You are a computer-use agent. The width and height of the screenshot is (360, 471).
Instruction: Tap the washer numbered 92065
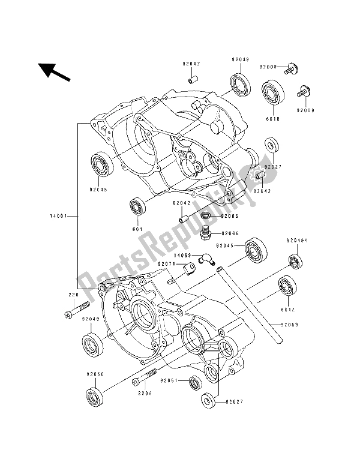206,215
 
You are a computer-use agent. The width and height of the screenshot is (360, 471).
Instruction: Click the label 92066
230,233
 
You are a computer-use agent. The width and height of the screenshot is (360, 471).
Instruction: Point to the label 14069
173,255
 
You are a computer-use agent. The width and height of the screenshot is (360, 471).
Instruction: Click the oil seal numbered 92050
94,396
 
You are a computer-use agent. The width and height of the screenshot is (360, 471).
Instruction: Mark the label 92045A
296,240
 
